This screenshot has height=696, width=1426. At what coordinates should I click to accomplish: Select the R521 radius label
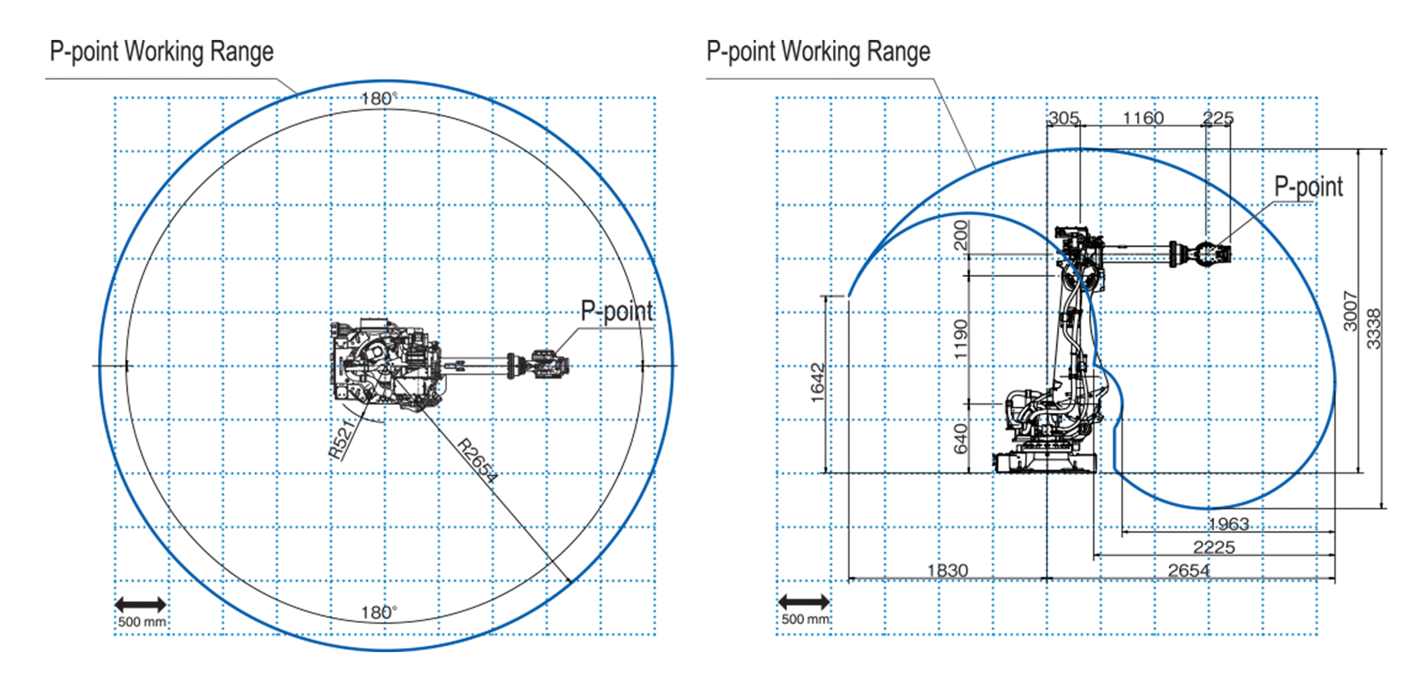pos(342,440)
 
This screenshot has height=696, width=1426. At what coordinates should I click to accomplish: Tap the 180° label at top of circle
pos(379,99)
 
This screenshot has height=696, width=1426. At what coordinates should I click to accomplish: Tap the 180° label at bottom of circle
pos(379,613)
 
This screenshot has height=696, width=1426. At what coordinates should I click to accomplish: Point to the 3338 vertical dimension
pos(1374,329)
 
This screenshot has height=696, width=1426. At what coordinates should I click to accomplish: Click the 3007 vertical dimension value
pos(1350,311)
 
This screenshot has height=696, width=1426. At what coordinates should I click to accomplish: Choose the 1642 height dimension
pos(817,382)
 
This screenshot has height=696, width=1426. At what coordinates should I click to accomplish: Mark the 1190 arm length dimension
pos(961,339)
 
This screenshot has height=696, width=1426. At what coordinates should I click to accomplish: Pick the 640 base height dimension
pos(961,439)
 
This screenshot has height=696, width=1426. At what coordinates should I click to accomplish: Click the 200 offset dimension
pos(961,235)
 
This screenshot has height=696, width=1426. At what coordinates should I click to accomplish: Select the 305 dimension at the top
pos(1064,118)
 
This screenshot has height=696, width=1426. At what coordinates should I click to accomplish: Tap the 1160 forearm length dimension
pos(1143,118)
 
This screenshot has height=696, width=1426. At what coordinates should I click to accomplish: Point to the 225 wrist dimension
pos(1218,118)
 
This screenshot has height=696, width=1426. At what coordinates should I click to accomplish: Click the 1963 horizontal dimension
pos(1229,524)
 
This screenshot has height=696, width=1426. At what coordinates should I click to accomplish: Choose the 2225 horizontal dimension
pos(1214,548)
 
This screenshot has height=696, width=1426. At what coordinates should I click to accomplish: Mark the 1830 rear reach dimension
pos(947,570)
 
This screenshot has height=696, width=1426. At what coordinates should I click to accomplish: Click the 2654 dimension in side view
pos(1189,570)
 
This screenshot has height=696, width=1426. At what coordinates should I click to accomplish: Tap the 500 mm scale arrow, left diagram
pos(140,605)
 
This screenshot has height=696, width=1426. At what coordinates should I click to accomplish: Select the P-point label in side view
pos(1308,187)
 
